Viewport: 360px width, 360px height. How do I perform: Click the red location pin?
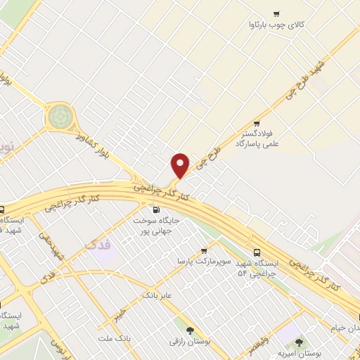181,165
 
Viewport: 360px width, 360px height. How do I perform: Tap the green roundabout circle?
59,116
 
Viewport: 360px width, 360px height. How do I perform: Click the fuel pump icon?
155,209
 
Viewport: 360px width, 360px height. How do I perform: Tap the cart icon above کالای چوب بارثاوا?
276,13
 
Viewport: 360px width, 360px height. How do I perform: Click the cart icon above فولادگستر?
263,120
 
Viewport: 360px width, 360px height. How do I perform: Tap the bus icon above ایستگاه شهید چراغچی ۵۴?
256,252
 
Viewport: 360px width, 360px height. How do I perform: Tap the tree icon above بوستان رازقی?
189,329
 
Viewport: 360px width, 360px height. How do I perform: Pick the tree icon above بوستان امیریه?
299,342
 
